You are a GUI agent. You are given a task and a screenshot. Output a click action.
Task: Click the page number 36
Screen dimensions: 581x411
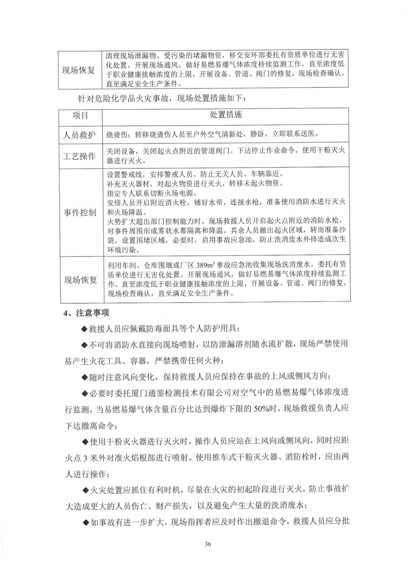(x=208, y=544)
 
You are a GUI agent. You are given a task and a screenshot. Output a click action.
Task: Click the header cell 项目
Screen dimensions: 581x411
(x=80, y=116)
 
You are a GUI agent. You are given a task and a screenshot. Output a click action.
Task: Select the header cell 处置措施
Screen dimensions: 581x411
(x=225, y=115)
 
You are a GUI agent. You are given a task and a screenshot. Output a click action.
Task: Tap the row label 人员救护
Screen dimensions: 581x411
(x=80, y=135)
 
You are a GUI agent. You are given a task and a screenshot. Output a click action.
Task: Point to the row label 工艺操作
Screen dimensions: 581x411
(x=80, y=157)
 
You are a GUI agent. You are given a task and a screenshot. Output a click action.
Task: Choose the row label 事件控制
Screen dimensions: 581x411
(x=80, y=212)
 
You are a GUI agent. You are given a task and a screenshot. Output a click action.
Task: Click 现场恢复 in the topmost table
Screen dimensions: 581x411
(x=79, y=70)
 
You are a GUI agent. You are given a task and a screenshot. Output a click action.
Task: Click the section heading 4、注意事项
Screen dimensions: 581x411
(x=86, y=313)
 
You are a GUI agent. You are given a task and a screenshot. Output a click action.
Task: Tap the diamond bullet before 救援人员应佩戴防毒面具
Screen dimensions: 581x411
(x=85, y=329)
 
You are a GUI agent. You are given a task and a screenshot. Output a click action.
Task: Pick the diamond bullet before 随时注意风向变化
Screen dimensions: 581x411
(x=85, y=377)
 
